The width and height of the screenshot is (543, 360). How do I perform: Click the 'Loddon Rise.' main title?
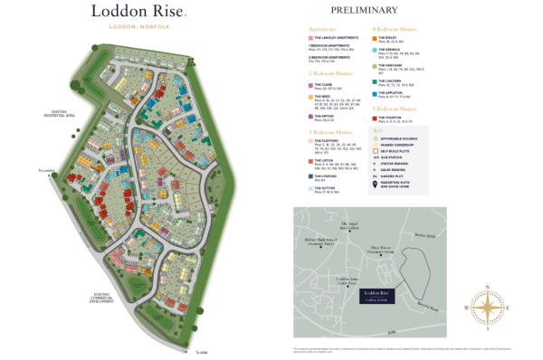tap(139, 12)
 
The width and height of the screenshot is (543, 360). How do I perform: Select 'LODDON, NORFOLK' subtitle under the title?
tap(139, 27)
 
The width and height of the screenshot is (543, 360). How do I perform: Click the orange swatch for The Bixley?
tap(374, 38)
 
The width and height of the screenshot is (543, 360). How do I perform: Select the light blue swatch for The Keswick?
tap(374, 51)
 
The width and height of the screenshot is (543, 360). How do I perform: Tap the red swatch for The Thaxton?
tap(374, 118)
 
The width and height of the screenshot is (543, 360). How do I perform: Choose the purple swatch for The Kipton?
tap(311, 116)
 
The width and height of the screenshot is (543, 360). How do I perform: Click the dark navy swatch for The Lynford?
tap(311, 176)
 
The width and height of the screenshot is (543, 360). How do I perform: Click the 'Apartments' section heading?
tap(323, 29)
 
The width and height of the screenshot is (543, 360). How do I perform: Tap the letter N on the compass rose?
tap(487, 287)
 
